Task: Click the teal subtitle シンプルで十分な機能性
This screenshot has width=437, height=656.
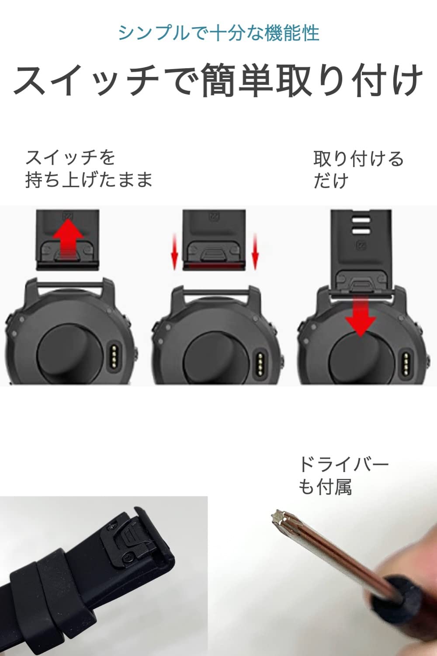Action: tap(218, 33)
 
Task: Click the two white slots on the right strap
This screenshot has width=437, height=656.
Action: tap(361, 226)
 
